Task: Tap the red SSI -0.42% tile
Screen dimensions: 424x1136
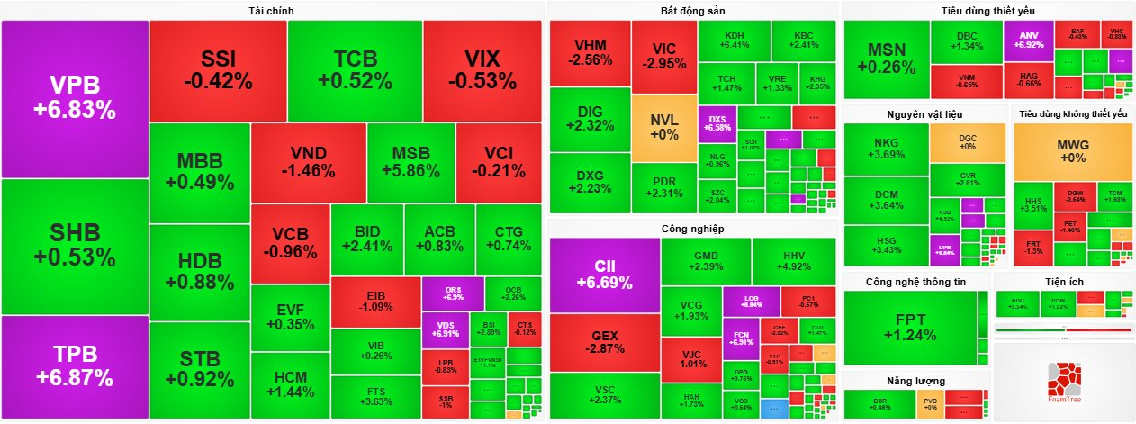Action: (218, 70)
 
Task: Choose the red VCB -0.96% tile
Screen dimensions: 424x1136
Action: (290, 243)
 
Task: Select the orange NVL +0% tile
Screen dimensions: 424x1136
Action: (663, 127)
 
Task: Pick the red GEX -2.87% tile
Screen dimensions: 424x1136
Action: (604, 342)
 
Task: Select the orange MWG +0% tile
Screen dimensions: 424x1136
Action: (1072, 150)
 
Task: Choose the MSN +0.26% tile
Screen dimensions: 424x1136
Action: (886, 58)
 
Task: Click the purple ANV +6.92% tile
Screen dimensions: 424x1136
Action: (1028, 39)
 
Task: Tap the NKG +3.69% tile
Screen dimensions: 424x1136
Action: (886, 149)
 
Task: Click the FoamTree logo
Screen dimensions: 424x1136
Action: (1065, 384)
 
